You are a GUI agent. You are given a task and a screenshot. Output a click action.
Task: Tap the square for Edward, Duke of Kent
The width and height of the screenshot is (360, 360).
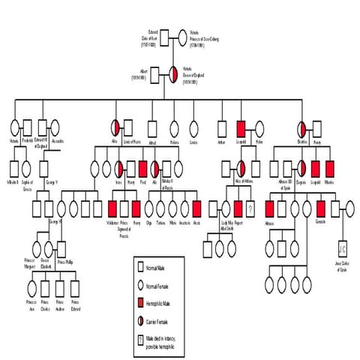click(x=171, y=34)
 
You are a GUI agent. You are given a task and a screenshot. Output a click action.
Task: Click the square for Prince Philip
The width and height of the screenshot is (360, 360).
click(x=62, y=247)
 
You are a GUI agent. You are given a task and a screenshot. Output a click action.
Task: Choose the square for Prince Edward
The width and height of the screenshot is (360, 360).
click(x=76, y=286)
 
